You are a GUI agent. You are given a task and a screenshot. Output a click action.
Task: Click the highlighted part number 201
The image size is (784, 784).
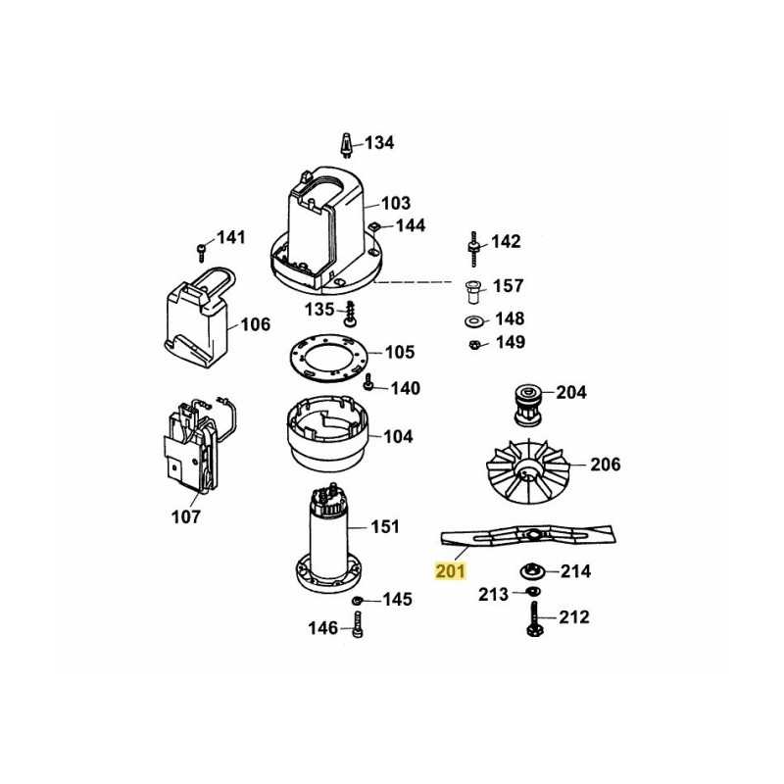pos(451,571)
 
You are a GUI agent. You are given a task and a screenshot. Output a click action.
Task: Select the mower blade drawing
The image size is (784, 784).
pos(527,536)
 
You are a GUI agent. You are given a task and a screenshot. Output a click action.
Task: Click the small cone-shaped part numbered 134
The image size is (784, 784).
pos(346,144)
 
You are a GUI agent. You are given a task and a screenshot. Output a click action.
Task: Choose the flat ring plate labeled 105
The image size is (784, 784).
pos(329,358)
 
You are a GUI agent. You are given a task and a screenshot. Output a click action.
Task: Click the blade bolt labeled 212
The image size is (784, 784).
pos(534,619)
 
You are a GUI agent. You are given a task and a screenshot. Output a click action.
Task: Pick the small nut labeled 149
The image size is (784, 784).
pos(475,344)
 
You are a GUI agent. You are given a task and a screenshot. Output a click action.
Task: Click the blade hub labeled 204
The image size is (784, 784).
pos(527,405)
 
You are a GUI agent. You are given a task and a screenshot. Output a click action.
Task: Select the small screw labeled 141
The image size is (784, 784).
pos(202,253)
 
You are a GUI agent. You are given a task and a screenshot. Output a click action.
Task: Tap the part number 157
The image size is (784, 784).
pos(508,286)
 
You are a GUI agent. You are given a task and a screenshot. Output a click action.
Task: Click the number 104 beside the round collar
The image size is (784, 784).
pos(398,436)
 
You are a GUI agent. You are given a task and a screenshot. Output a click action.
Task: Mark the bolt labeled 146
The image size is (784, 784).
pos(357,625)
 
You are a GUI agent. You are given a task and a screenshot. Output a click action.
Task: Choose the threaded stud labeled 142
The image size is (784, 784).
pos(474,249)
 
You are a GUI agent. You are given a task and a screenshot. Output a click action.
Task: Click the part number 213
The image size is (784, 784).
pos(493,595)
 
